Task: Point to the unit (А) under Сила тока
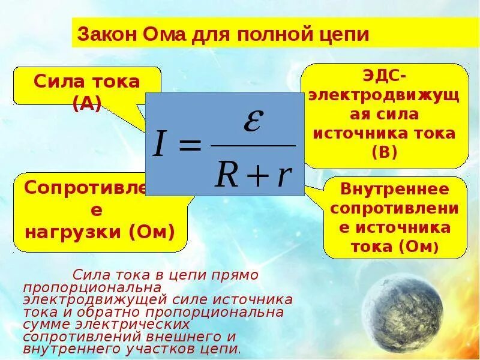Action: [x=87, y=103]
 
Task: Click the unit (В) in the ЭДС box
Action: [x=385, y=152]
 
